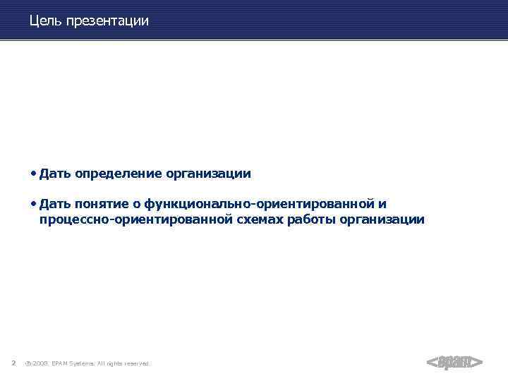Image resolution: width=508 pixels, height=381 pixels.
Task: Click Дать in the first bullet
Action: [x=55, y=174]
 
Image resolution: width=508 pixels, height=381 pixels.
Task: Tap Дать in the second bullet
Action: [x=55, y=205]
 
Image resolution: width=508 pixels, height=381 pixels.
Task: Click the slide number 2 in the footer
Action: [x=13, y=363]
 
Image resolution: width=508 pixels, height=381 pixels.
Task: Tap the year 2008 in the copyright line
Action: [x=40, y=363]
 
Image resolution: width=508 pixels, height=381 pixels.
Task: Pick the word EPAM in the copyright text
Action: [x=61, y=363]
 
